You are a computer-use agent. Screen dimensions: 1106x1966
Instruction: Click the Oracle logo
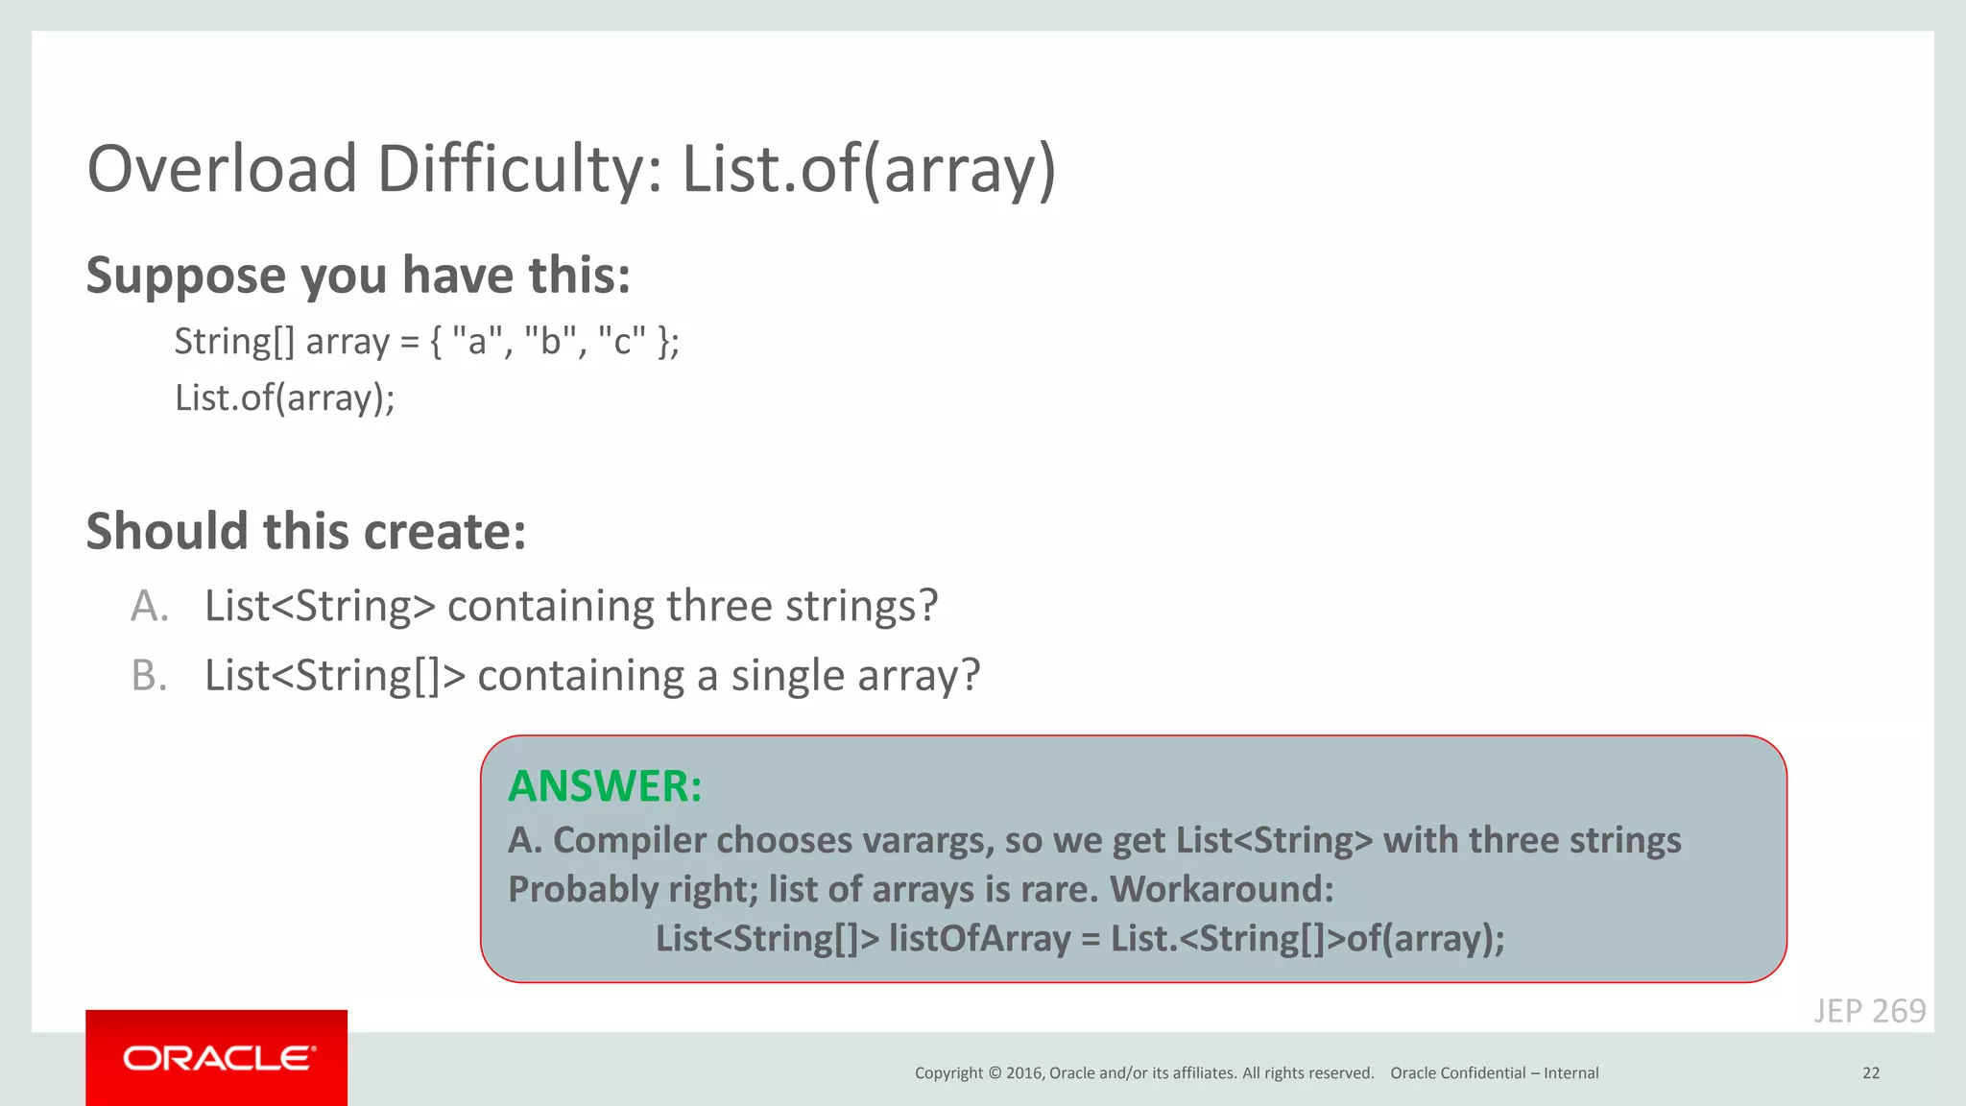coord(217,1057)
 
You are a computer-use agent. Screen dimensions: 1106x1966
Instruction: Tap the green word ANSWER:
coord(605,786)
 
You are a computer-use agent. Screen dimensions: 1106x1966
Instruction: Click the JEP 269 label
coord(1869,1011)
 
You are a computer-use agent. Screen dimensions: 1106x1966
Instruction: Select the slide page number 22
coord(1870,1073)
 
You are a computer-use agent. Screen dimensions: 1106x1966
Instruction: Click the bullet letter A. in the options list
coord(150,606)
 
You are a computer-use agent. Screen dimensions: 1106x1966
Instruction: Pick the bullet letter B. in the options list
coord(150,676)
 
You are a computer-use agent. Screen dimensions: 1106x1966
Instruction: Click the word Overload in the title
coord(222,169)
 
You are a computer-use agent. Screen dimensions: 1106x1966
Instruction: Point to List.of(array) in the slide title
coord(869,169)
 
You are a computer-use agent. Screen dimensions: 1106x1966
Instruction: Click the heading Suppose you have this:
coord(358,276)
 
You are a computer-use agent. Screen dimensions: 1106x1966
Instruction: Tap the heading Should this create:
coord(306,531)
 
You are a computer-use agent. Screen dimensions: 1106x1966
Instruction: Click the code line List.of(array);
coord(284,397)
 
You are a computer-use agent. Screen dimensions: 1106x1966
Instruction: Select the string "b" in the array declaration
coord(549,342)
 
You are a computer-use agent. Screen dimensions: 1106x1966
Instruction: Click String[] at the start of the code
coord(234,342)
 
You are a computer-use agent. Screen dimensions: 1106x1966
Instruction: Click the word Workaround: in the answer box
coord(1222,890)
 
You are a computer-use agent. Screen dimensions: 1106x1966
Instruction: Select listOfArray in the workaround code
coord(979,939)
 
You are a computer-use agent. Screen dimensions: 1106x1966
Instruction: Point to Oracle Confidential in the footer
coord(1457,1073)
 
